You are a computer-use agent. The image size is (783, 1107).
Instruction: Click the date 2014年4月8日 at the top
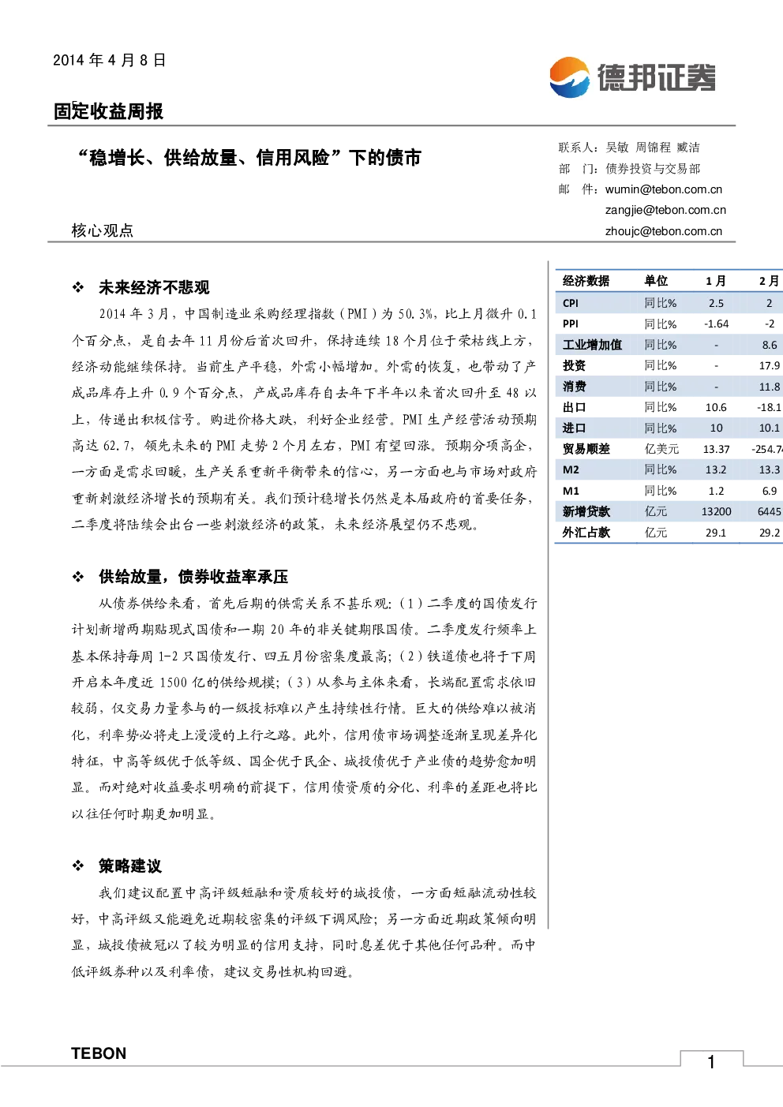[109, 60]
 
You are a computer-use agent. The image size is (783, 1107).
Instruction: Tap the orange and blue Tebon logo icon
[569, 77]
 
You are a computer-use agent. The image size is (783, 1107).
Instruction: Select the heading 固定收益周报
[108, 111]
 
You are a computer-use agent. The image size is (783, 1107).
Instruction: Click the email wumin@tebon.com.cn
[663, 189]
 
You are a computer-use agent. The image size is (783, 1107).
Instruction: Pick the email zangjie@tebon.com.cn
[665, 210]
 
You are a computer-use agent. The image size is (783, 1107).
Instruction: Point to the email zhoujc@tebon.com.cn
[663, 231]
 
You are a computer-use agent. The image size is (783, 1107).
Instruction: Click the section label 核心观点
[103, 230]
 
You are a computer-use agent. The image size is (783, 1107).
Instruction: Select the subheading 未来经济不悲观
[154, 287]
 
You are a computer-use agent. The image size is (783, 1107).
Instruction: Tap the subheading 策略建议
[130, 866]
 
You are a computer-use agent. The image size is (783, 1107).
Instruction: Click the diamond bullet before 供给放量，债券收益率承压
[78, 576]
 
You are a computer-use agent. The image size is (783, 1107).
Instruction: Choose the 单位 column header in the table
[655, 281]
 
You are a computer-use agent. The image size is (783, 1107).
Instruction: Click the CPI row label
[571, 303]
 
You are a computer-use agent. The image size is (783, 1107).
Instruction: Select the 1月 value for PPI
[716, 323]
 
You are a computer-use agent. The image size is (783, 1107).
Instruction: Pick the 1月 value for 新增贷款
[716, 511]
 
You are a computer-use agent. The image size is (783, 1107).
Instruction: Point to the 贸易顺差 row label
[586, 449]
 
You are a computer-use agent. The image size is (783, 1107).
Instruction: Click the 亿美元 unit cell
[661, 449]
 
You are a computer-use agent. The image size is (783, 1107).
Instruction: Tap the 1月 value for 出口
[716, 407]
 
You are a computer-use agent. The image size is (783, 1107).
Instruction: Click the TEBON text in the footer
[99, 1053]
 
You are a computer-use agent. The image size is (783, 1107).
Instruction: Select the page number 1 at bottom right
[711, 1062]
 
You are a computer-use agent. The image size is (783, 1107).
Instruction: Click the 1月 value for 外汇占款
[716, 533]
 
